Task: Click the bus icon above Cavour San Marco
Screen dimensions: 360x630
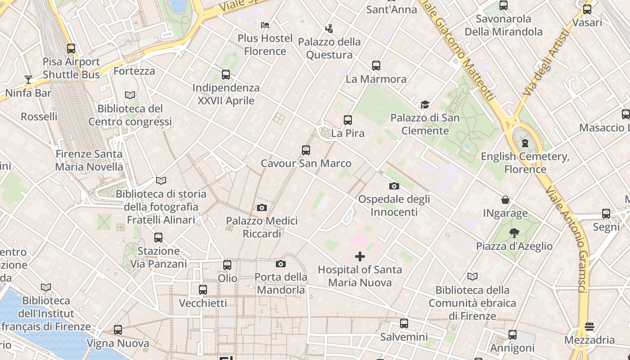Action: pyautogui.click(x=306, y=150)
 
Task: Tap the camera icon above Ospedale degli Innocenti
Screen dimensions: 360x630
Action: pyautogui.click(x=394, y=186)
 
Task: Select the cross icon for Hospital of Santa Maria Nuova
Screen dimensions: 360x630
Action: pyautogui.click(x=360, y=256)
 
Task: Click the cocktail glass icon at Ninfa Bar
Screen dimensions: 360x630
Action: pyautogui.click(x=28, y=80)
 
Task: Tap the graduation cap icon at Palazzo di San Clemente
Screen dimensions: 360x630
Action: pyautogui.click(x=425, y=105)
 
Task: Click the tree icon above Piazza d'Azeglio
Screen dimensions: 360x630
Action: pyautogui.click(x=514, y=233)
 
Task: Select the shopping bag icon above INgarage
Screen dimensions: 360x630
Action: pyautogui.click(x=505, y=200)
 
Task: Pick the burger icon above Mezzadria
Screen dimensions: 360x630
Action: pyautogui.click(x=589, y=327)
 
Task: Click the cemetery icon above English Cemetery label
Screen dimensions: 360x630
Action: pyautogui.click(x=525, y=144)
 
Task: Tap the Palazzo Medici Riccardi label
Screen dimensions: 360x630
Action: pyautogui.click(x=262, y=227)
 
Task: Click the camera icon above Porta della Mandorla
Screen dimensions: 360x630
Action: pyautogui.click(x=281, y=264)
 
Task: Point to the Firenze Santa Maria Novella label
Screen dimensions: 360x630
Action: pyautogui.click(x=89, y=160)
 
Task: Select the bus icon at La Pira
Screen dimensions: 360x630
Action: pyautogui.click(x=347, y=120)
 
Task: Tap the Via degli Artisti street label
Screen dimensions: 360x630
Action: pyautogui.click(x=546, y=63)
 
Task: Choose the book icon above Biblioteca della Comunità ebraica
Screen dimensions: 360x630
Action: pyautogui.click(x=472, y=276)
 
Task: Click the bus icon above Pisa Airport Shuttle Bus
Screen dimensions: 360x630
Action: pyautogui.click(x=71, y=49)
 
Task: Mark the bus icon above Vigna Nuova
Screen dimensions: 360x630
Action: pyautogui.click(x=118, y=330)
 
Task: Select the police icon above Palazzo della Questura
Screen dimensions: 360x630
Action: pyautogui.click(x=329, y=28)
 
